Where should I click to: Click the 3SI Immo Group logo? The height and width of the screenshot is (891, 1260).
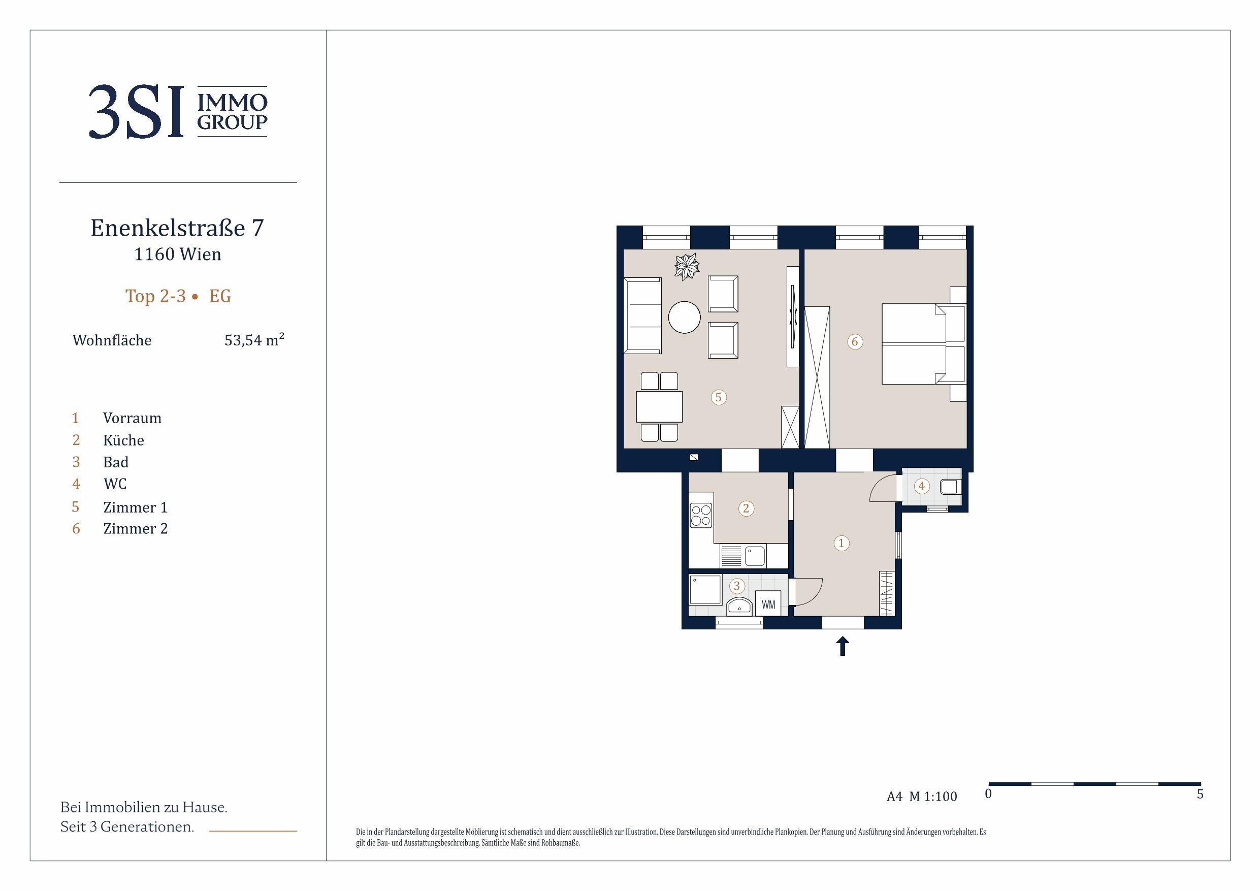click(x=178, y=111)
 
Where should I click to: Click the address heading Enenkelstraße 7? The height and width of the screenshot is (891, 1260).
click(x=177, y=228)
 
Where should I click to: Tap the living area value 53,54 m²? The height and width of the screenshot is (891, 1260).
click(x=254, y=339)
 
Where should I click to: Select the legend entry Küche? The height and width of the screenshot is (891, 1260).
click(x=123, y=440)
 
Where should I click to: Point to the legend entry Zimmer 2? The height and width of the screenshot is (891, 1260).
click(x=136, y=528)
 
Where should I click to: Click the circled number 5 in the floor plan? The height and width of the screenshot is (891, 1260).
click(x=718, y=397)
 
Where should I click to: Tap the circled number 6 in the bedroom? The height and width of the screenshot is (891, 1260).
click(x=854, y=341)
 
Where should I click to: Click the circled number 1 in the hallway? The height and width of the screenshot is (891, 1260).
click(x=842, y=543)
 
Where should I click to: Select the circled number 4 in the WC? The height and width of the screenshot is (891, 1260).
click(x=921, y=486)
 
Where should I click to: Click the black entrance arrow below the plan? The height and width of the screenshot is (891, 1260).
click(x=843, y=646)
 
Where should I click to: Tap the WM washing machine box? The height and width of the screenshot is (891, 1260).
click(x=768, y=604)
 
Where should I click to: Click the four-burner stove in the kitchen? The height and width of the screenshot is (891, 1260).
click(x=701, y=516)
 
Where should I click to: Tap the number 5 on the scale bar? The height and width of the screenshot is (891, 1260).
click(x=1200, y=794)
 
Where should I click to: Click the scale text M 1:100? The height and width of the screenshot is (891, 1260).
click(x=933, y=797)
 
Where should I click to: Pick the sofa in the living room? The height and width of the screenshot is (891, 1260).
click(x=642, y=315)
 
